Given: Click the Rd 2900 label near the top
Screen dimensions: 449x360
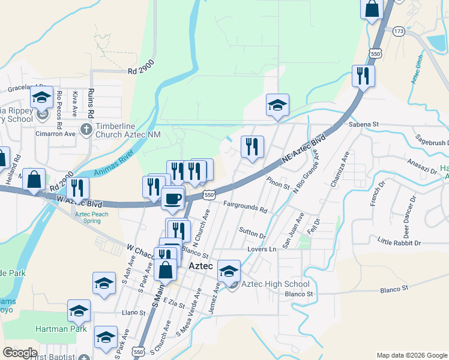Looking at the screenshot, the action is [141, 71].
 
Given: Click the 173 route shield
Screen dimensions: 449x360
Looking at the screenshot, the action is [399, 30].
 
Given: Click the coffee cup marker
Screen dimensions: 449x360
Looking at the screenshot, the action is [173, 198].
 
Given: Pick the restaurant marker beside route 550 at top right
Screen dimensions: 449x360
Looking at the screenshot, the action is [363, 76].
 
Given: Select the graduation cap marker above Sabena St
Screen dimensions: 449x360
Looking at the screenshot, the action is [277, 105].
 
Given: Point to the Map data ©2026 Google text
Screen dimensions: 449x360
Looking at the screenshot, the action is [411, 355].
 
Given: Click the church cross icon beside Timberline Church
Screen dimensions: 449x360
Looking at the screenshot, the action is [86, 129].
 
